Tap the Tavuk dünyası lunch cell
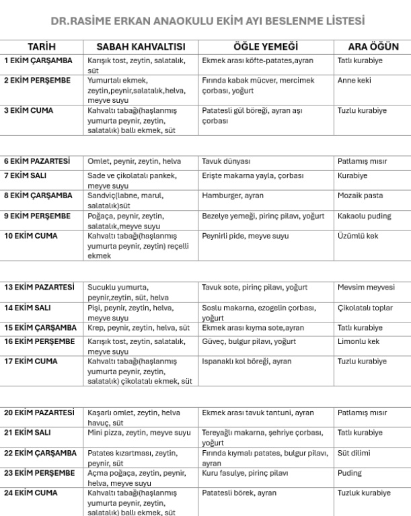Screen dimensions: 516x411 [226, 162]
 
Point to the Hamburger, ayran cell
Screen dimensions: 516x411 [233, 196]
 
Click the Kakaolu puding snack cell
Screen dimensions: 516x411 [363, 216]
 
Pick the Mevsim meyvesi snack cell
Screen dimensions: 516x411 [366, 288]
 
